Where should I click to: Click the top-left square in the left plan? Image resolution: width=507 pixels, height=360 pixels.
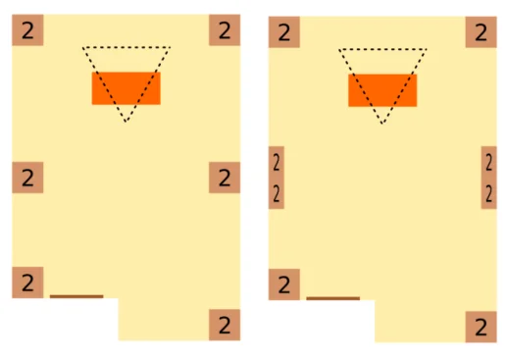[x=27, y=30]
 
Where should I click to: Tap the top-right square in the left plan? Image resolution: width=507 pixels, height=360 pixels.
[x=225, y=30]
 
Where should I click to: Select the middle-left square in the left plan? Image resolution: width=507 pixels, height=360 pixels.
[x=27, y=178]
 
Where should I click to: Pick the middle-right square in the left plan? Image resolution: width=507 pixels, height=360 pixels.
[x=225, y=178]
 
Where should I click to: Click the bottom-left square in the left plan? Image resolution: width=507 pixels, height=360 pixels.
[x=27, y=283]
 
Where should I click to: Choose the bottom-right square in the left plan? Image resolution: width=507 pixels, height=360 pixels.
[x=225, y=325]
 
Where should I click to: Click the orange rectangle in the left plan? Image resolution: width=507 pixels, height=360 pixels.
[x=127, y=88]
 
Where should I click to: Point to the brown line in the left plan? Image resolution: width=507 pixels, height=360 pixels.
[x=76, y=296]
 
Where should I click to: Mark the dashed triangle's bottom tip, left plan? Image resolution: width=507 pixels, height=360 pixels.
[x=127, y=122]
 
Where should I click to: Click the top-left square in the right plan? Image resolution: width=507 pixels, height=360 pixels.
[x=284, y=32]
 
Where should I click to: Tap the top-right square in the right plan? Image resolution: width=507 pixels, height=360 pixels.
[x=482, y=32]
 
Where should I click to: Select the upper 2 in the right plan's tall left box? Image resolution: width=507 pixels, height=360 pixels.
[x=277, y=163]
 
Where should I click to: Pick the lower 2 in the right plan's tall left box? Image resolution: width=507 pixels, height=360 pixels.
[x=277, y=193]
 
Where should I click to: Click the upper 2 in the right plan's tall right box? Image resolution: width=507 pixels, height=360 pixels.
[x=489, y=163]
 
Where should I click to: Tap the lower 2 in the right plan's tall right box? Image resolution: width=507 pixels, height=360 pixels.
[x=489, y=193]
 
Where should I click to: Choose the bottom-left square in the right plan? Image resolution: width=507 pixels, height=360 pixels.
[x=284, y=284]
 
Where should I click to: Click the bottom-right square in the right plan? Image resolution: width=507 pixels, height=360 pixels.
[x=482, y=327]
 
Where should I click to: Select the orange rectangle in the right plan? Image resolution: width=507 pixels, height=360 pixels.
[x=382, y=90]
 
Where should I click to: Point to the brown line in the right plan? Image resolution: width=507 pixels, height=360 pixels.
[x=333, y=298]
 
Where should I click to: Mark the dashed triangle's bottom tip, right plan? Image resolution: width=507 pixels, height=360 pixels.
[x=382, y=124]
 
